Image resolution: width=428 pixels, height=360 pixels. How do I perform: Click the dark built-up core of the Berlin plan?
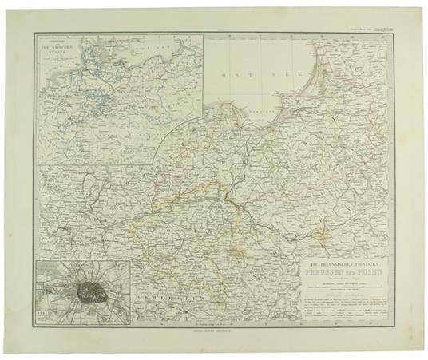[86, 291]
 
